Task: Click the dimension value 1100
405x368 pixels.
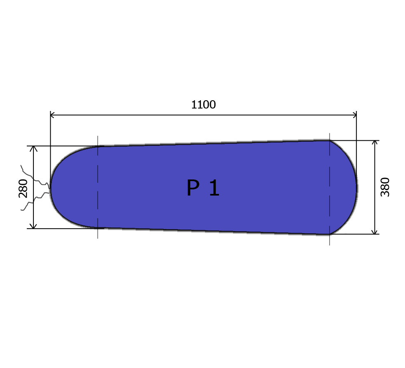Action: point(203,105)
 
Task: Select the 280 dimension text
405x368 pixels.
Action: point(23,188)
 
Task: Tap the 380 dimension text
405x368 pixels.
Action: point(385,187)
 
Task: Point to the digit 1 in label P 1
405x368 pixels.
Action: point(214,188)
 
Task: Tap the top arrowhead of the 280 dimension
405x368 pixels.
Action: point(34,149)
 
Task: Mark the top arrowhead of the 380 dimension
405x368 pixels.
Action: point(374,143)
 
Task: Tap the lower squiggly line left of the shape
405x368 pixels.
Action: point(35,201)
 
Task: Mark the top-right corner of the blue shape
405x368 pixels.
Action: point(329,141)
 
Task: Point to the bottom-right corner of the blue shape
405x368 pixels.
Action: point(329,234)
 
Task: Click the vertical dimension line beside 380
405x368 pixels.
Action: point(374,206)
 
